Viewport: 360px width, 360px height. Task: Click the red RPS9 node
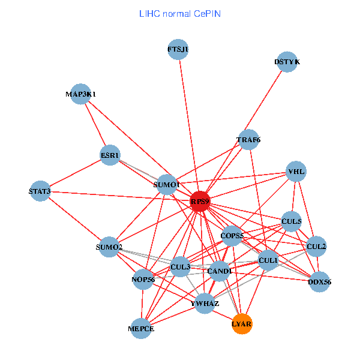[200, 202]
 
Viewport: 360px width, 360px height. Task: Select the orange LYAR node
[242, 324]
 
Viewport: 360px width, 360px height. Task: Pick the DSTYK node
[287, 62]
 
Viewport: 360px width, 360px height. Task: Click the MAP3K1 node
[81, 94]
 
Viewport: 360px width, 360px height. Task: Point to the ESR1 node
[110, 155]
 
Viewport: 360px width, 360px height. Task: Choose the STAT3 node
[40, 191]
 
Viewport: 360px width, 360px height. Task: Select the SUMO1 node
[167, 184]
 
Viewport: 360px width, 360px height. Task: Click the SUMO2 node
[109, 247]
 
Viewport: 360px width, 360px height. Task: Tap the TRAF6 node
[248, 140]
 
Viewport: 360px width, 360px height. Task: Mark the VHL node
[296, 172]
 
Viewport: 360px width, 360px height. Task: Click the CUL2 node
[316, 246]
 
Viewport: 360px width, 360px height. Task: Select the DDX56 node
[319, 281]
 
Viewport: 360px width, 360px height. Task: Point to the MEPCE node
[141, 329]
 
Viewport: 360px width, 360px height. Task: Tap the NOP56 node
[143, 279]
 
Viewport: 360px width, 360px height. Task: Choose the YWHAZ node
[205, 304]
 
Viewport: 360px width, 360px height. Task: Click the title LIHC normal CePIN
[179, 13]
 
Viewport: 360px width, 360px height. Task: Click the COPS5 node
[232, 236]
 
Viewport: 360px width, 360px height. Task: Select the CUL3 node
[181, 266]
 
